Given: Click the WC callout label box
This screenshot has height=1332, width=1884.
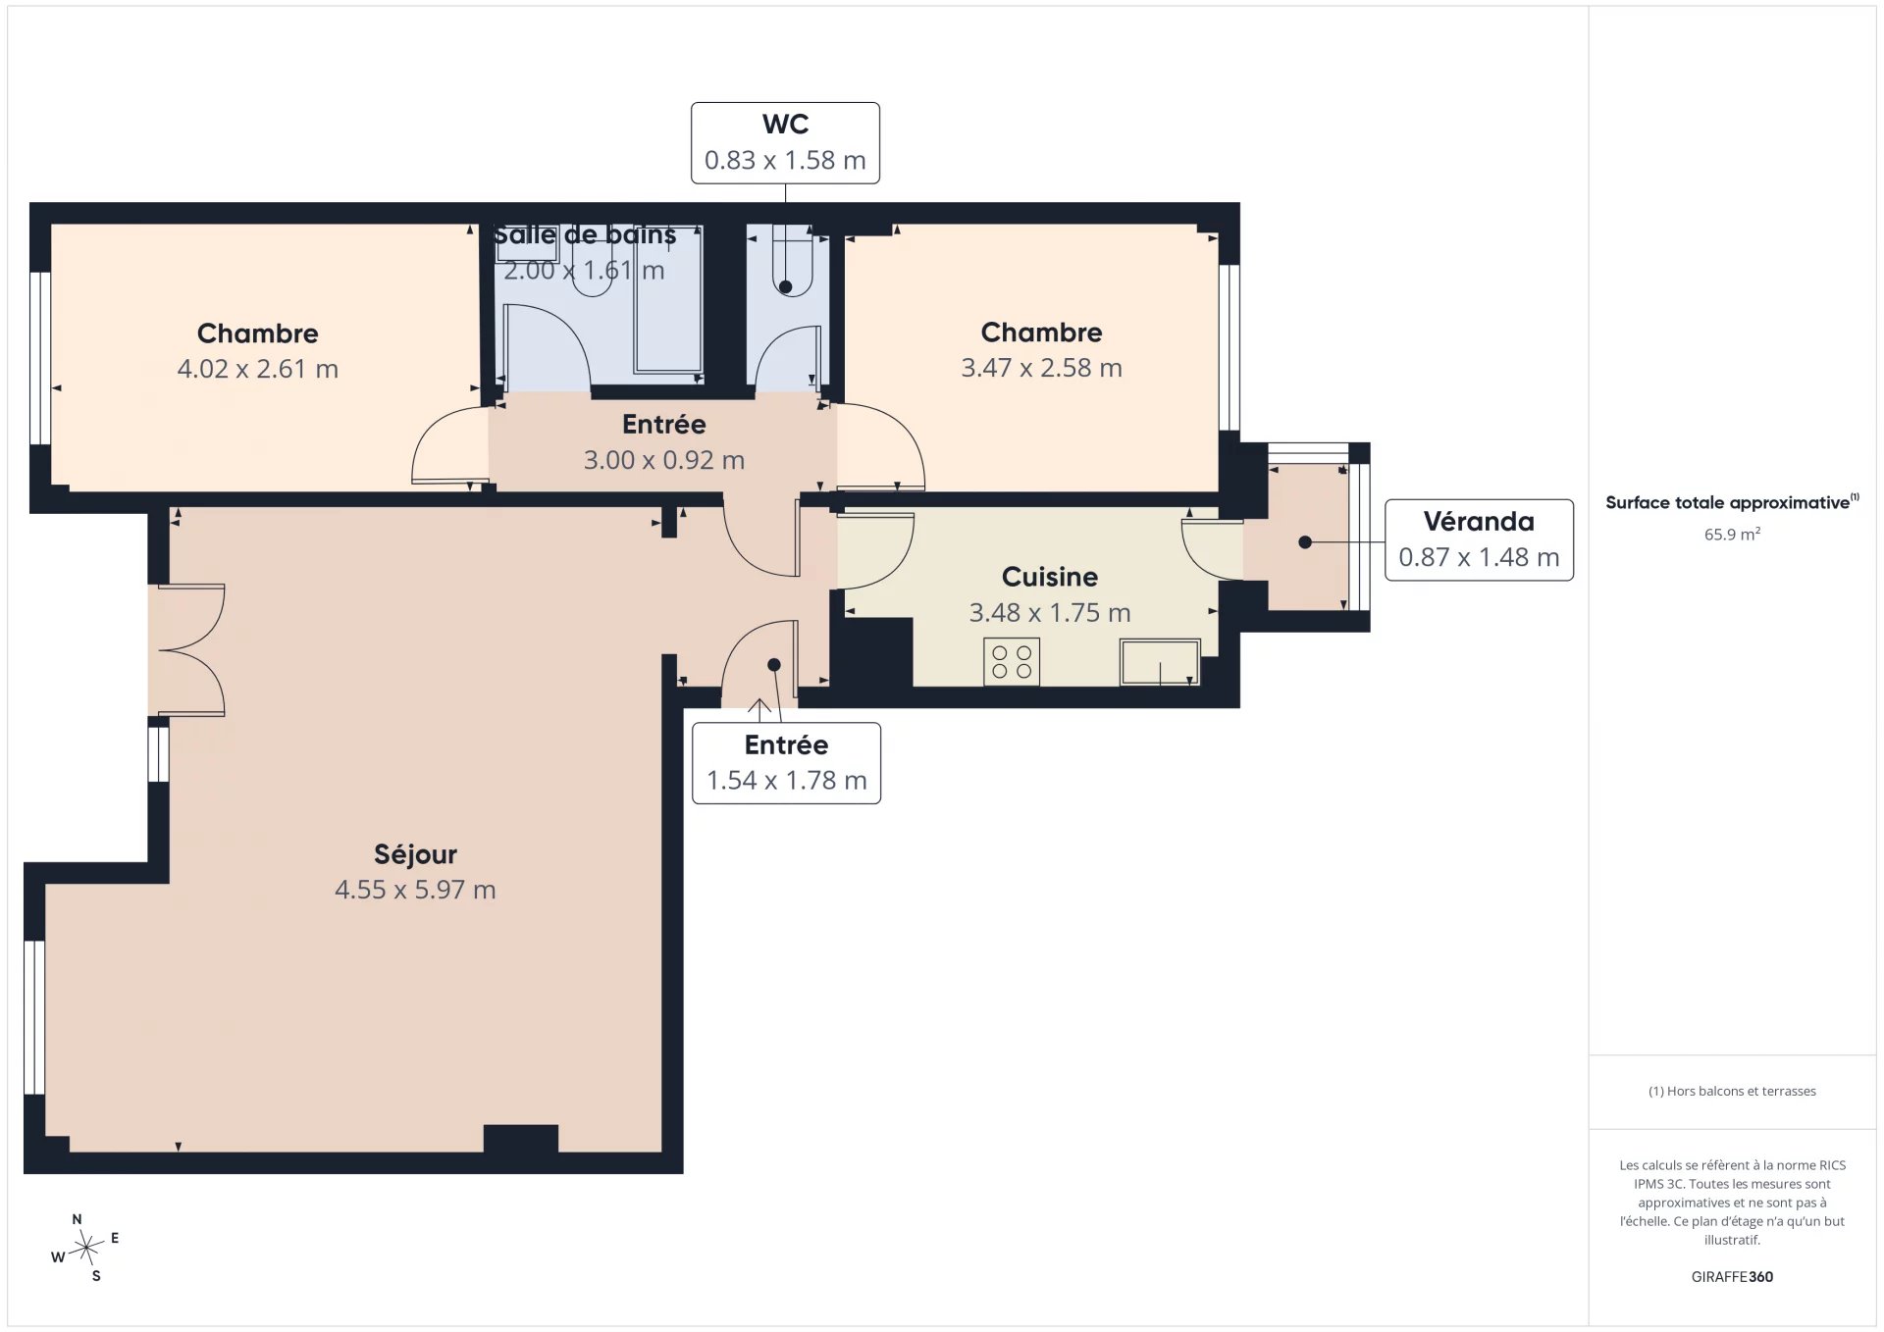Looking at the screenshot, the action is coord(785,143).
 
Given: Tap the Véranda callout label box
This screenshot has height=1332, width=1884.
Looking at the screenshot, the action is coord(1479,540).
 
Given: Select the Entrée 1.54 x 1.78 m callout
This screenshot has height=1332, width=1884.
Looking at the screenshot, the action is coord(786,763).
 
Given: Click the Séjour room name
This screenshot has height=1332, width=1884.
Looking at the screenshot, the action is coord(415,855).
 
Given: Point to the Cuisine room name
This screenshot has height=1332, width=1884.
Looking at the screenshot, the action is coord(1050,577).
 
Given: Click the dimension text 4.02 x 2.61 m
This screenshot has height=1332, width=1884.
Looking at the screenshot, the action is coord(258,370).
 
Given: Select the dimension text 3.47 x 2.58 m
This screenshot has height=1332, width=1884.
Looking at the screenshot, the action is coord(1041,368).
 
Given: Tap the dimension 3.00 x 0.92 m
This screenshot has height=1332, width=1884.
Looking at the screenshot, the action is coord(664,460).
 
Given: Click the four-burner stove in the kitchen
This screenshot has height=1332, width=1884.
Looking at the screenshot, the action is coord(1012,661).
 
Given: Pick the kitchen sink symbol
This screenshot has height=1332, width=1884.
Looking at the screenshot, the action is coord(1160,662).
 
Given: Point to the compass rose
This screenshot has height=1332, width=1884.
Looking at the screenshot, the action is coord(86,1248).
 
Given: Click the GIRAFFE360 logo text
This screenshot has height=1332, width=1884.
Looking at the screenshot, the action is coord(1732,1277).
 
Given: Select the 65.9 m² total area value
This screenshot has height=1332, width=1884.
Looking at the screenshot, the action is coord(1732,535).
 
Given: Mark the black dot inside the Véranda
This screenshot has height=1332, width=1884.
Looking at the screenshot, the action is coord(1305,542).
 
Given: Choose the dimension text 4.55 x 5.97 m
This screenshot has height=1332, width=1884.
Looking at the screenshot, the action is coord(415,891).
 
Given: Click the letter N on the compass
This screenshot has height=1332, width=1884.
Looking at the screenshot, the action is coord(77,1219).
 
